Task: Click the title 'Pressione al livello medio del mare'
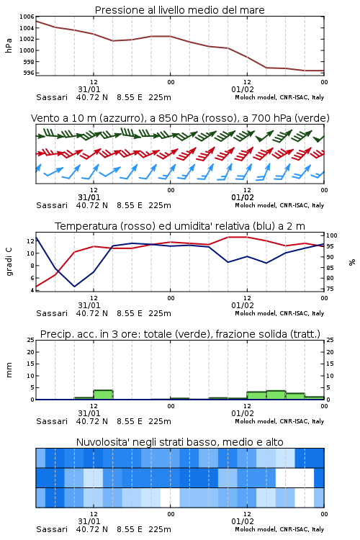[x=179, y=10]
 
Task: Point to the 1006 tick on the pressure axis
[x=27, y=17]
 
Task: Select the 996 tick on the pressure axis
[x=28, y=73]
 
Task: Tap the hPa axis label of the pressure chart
[x=9, y=45]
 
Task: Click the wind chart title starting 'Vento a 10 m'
[x=180, y=118]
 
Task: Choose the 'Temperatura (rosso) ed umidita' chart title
[x=180, y=226]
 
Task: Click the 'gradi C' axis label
[x=9, y=261]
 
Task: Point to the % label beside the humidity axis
[x=352, y=262]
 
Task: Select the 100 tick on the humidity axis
[x=332, y=236]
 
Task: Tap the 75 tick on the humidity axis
[x=330, y=289]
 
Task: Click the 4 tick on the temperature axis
[x=32, y=290]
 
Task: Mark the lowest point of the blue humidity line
[x=74, y=287]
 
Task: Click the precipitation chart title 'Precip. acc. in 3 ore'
[x=180, y=334]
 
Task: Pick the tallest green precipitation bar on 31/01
[x=104, y=395]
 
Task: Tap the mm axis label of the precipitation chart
[x=9, y=370]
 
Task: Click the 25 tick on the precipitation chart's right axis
[x=330, y=340]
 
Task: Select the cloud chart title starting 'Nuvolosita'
[x=179, y=442]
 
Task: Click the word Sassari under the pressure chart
[x=52, y=97]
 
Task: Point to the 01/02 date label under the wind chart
[x=243, y=198]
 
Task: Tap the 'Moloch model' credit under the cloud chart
[x=256, y=529]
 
